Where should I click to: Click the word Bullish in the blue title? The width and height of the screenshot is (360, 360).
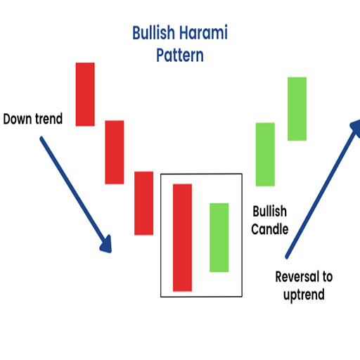tap(154, 32)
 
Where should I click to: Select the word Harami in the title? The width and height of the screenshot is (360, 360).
tap(204, 32)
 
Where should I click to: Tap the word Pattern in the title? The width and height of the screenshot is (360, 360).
tap(180, 56)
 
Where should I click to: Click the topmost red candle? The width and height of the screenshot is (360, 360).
tap(85, 94)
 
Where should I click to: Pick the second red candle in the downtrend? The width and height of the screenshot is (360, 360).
tap(115, 152)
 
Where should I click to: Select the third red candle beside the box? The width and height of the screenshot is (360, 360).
tap(143, 203)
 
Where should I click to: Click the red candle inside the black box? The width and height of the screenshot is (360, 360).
tap(182, 238)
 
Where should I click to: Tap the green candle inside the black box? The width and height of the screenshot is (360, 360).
tap(219, 238)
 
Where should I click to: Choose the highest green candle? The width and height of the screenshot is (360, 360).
tap(297, 109)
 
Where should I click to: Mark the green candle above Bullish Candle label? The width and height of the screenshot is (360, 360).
tap(265, 155)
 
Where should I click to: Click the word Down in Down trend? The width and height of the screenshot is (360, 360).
tap(18, 119)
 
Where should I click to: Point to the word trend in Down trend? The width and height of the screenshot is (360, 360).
tap(49, 119)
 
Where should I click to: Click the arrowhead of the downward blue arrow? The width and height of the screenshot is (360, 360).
tap(106, 245)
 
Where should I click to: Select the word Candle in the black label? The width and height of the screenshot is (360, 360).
tap(270, 229)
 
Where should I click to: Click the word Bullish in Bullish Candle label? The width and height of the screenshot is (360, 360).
tap(270, 211)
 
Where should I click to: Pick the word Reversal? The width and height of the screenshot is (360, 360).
tap(297, 276)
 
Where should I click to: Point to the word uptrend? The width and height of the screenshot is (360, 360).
tap(304, 295)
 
